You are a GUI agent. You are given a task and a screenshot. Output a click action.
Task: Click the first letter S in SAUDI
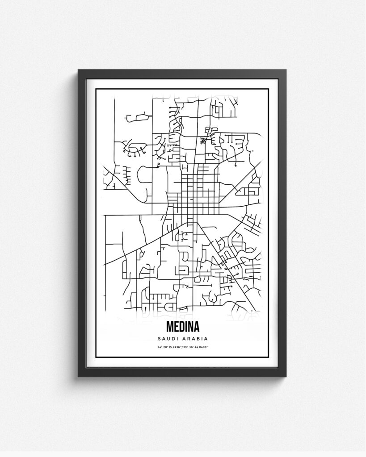click(x=160, y=339)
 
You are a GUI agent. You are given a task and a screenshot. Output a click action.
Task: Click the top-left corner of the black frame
click(x=79, y=71)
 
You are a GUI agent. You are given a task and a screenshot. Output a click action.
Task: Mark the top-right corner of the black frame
click(x=286, y=71)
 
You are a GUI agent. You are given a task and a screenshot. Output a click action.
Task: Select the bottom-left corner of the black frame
click(x=79, y=376)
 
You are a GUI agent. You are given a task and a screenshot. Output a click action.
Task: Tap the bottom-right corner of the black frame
click(x=286, y=376)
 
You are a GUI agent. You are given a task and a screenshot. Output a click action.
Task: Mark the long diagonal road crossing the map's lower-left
click(x=134, y=250)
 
